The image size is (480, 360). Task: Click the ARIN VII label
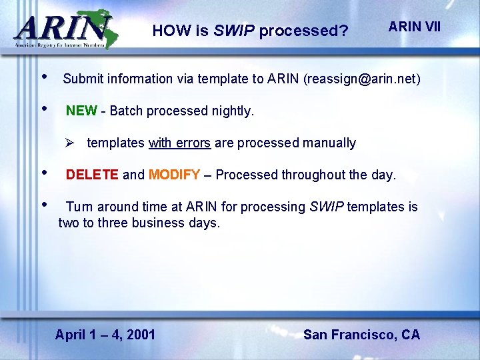click(415, 27)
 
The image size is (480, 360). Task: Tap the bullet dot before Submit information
click(44, 75)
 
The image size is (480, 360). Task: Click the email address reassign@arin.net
click(362, 79)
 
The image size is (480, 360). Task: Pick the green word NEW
click(81, 111)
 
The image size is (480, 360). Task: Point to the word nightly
click(231, 111)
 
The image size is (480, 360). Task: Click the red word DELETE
click(92, 175)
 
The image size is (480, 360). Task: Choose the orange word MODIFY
click(174, 175)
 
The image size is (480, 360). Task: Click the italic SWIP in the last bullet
click(327, 207)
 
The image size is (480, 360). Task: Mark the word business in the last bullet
click(159, 223)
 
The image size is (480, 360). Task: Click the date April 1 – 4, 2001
click(105, 335)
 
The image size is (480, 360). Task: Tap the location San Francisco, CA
click(361, 335)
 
